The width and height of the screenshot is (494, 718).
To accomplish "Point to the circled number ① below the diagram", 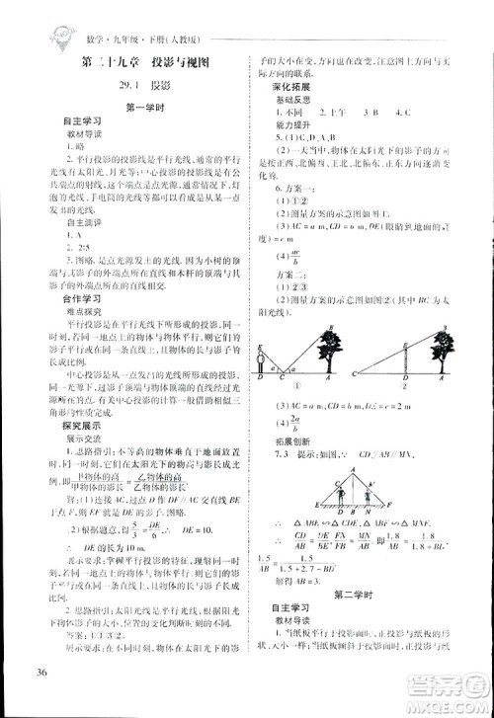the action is click(307, 387).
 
